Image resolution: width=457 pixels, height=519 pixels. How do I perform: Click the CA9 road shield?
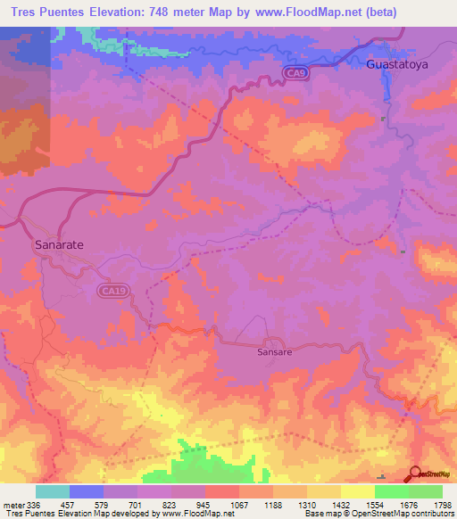point(296,73)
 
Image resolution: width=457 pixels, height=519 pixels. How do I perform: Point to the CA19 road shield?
point(110,290)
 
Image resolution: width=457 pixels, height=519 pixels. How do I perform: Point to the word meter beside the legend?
point(13,506)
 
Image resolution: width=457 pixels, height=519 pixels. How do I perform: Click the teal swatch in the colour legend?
point(52,491)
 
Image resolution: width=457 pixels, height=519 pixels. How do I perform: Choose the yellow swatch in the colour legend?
point(357,491)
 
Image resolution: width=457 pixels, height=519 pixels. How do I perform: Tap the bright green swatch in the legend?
point(392,491)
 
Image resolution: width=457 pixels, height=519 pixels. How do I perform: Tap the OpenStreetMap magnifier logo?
point(417,474)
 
